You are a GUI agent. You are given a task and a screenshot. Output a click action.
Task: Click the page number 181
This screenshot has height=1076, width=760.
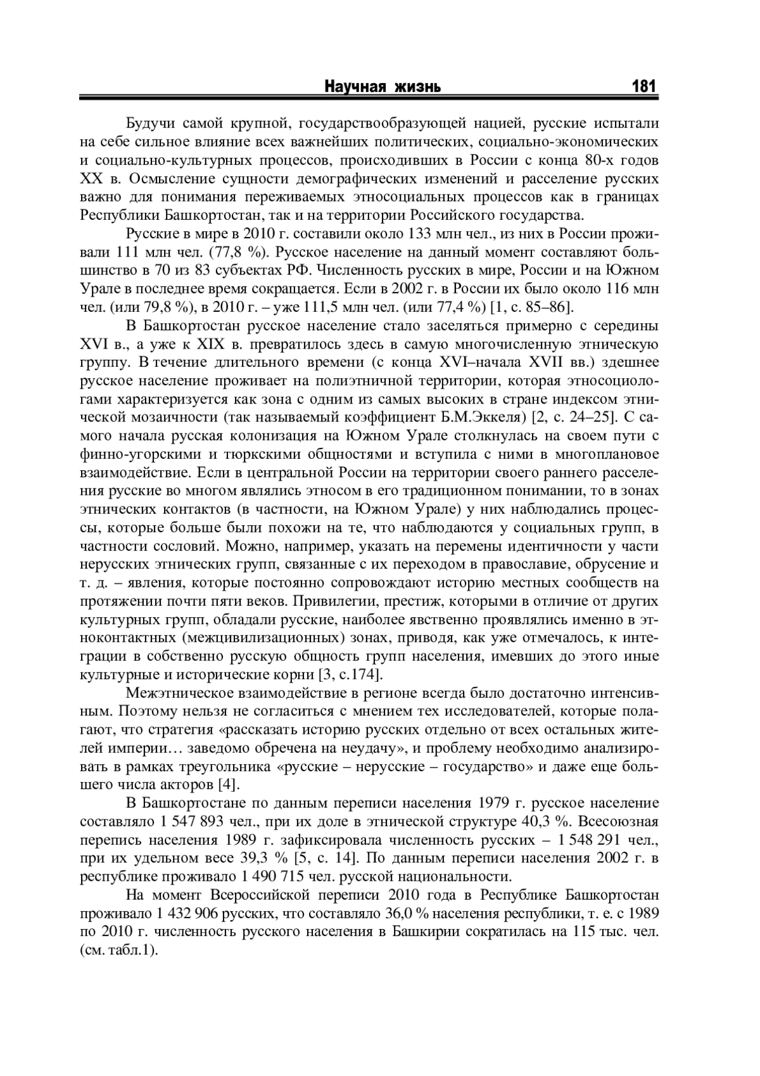(643, 87)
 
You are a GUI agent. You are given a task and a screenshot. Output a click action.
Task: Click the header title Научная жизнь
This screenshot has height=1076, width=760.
(383, 87)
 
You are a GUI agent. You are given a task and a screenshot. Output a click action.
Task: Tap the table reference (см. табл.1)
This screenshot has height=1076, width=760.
(119, 951)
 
